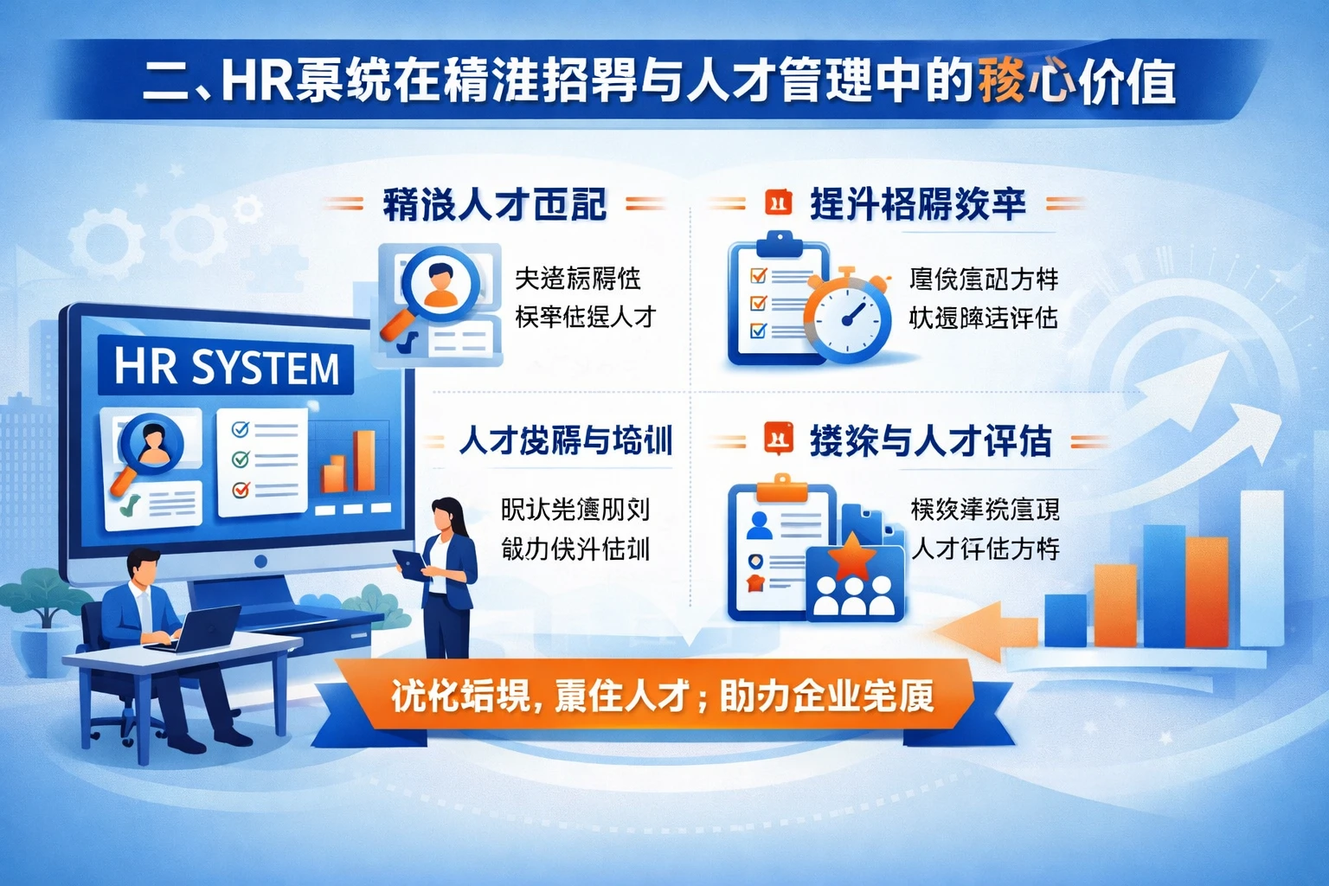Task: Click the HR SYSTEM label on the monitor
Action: [227, 367]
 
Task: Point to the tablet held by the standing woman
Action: [408, 563]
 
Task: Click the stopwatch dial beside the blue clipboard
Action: [848, 317]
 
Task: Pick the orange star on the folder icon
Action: [853, 555]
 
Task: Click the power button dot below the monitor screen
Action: [260, 562]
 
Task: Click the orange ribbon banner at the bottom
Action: [662, 697]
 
